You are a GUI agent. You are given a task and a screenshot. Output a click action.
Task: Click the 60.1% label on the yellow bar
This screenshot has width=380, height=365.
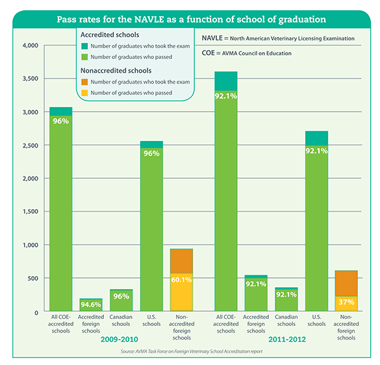(x=181, y=280)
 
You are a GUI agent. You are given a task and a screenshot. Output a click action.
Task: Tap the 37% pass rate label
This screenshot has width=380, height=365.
(x=346, y=302)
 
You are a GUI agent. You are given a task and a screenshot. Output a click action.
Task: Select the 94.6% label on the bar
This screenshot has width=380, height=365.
(x=91, y=305)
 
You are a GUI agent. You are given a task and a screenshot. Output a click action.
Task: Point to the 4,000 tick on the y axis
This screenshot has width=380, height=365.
(x=31, y=45)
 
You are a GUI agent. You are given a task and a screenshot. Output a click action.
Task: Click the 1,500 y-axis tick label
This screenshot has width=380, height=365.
(x=31, y=212)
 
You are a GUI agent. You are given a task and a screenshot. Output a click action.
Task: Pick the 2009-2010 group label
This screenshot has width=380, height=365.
(x=120, y=339)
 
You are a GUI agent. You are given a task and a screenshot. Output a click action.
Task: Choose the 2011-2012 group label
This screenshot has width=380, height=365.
(x=287, y=339)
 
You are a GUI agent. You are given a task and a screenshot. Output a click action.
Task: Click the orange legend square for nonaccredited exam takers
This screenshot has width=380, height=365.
(x=84, y=82)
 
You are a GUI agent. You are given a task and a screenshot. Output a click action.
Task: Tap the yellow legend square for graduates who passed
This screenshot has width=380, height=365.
(x=84, y=93)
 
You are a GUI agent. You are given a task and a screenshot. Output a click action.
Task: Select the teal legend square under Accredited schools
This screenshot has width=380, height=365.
(x=84, y=46)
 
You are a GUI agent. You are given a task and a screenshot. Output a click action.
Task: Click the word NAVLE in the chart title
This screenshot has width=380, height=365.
(x=149, y=19)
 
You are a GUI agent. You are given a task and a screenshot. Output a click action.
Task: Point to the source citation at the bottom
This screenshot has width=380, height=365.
(x=192, y=351)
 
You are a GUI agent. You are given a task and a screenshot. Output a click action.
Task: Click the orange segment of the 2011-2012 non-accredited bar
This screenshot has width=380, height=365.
(x=346, y=283)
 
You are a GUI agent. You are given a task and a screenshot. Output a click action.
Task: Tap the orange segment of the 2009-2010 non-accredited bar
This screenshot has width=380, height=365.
(x=181, y=261)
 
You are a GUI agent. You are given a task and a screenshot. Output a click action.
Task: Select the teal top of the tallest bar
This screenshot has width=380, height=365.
(x=226, y=81)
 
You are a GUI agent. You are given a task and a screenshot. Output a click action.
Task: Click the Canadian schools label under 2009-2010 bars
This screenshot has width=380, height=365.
(x=121, y=320)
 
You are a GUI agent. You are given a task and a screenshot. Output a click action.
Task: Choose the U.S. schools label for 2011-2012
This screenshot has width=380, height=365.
(x=316, y=320)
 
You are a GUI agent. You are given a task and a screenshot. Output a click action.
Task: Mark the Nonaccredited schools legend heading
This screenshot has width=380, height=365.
(x=116, y=71)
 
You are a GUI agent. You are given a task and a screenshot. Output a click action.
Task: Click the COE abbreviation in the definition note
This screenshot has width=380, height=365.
(x=208, y=53)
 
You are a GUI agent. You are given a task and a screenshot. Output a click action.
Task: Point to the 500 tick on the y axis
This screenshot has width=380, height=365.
(x=32, y=278)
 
